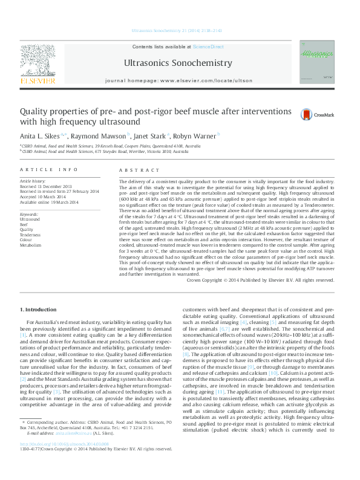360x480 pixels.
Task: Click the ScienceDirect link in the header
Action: (208, 47)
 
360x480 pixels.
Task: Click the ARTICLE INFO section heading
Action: (48, 170)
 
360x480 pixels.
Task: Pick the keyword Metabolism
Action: (31, 245)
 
